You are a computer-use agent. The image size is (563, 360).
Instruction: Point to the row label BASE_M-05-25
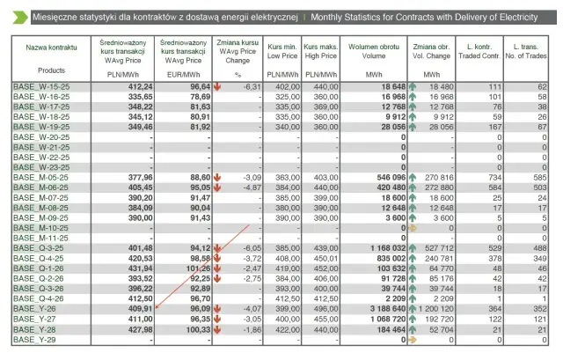coord(35,177)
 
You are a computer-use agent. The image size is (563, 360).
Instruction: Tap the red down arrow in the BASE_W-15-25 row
coord(217,87)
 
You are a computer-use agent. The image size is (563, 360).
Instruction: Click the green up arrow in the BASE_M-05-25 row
coord(413,177)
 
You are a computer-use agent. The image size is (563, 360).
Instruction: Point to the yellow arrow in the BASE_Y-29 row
coord(413,339)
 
